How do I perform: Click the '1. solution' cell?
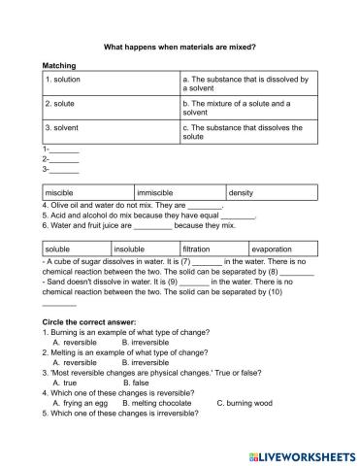point(64,78)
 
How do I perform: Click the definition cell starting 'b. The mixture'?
point(243,107)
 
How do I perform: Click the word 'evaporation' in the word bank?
point(272,250)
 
